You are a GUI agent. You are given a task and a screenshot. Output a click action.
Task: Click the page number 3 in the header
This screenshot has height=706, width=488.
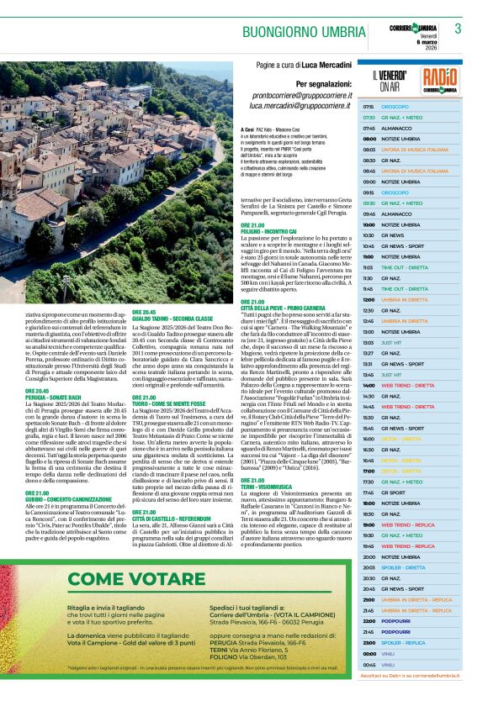pyautogui.click(x=458, y=29)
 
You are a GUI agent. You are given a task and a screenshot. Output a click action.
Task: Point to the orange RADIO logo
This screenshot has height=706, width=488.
pyautogui.click(x=440, y=81)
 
